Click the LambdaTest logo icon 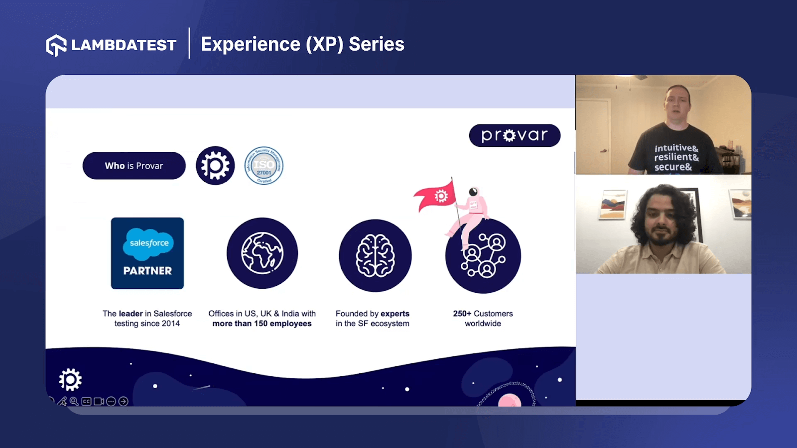[56, 45]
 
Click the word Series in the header [377, 44]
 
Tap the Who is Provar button [134, 166]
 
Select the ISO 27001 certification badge [264, 166]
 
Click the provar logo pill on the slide [515, 135]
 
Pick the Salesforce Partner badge [147, 253]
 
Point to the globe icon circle [262, 253]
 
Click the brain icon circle [375, 256]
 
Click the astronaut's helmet [473, 192]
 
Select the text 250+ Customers [483, 314]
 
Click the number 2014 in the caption [170, 324]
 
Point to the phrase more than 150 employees [262, 324]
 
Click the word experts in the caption [395, 314]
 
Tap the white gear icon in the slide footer [70, 380]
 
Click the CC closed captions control [86, 401]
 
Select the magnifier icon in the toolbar [74, 401]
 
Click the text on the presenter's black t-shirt [676, 157]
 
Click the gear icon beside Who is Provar [215, 166]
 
